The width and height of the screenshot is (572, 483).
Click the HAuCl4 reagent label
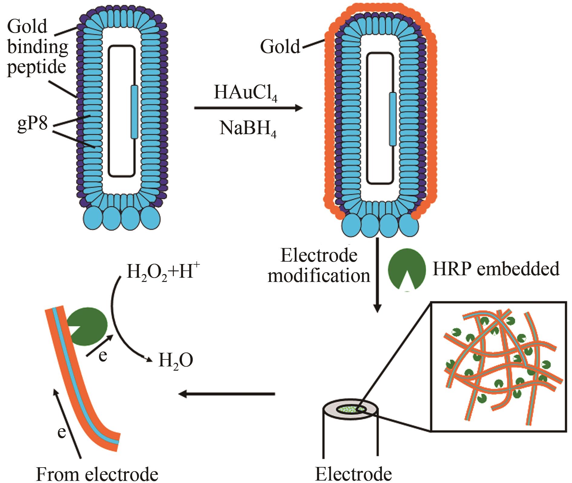pos(245,93)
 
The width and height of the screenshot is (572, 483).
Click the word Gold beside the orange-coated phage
pos(280,47)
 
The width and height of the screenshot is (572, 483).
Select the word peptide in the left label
pos(37,68)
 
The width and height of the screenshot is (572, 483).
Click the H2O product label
pos(176,361)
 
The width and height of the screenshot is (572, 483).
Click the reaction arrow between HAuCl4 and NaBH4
pos(248,108)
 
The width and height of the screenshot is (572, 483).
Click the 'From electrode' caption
pos(97,474)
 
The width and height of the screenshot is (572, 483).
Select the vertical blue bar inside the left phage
pos(134,112)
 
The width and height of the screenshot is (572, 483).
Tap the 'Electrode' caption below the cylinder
pos(353,474)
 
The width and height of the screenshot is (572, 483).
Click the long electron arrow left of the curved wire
pos(67,424)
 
